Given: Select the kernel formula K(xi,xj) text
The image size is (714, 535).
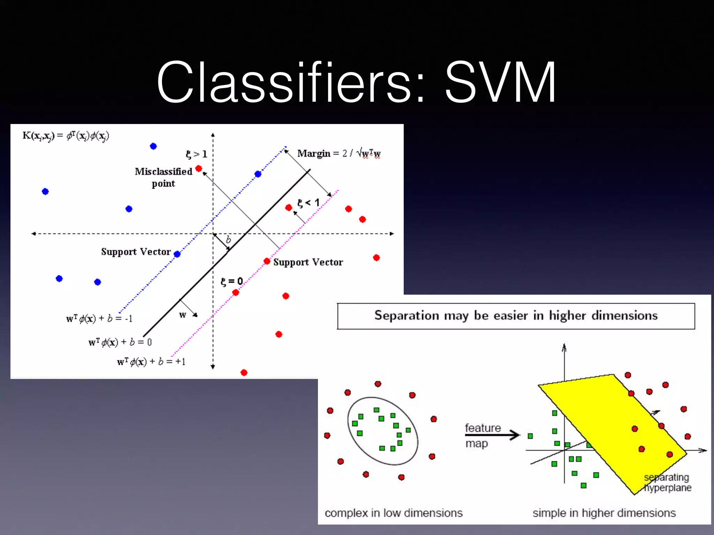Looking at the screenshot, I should (66, 136).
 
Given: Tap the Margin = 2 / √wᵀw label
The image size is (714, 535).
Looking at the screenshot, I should (339, 153).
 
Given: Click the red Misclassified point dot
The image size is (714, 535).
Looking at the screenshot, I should (199, 169).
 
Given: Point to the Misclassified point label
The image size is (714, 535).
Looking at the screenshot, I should (164, 177).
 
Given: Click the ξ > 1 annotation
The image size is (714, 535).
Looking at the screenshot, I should (196, 154).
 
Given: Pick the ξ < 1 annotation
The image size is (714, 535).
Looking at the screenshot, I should (308, 203).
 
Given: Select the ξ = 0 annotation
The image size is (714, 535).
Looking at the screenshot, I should (232, 281).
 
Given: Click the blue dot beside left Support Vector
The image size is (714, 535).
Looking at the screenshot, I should (177, 254).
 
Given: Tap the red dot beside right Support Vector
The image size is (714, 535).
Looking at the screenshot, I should (267, 261).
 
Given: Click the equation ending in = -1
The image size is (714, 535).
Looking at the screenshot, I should (99, 319).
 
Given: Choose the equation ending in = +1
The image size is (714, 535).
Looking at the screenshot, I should (151, 362).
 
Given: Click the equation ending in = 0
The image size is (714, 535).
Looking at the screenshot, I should (120, 342).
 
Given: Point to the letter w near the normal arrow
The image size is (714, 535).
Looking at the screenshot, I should (183, 315).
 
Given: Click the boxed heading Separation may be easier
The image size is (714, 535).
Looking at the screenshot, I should (516, 316).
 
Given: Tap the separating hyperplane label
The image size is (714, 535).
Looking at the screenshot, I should (667, 482).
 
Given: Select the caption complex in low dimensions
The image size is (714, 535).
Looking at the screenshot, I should (394, 513).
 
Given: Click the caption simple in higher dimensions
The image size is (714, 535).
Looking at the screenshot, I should (604, 513).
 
